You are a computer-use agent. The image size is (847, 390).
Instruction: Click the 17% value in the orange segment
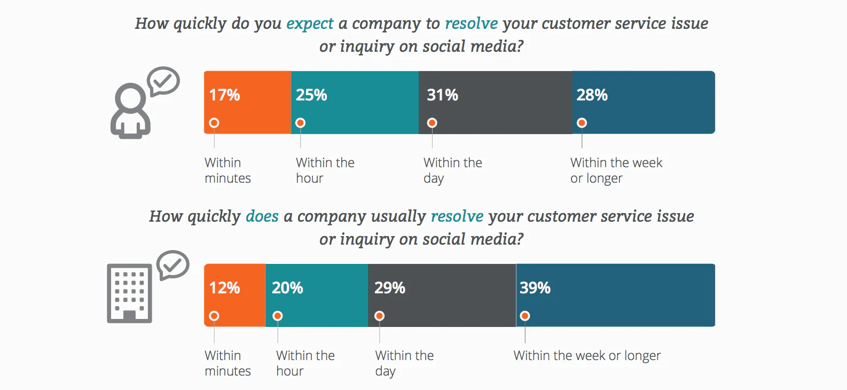(224, 95)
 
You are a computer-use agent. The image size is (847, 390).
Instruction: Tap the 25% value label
(311, 95)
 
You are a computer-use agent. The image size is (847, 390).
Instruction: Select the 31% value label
(442, 95)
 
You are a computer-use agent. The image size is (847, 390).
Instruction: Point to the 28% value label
(592, 95)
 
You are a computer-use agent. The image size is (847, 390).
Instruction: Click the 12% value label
(224, 288)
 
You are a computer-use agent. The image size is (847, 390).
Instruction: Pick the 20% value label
(287, 288)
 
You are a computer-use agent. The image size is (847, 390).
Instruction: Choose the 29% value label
(390, 288)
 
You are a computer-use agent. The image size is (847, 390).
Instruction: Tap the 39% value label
(535, 288)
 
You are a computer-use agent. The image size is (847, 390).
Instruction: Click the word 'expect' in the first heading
(310, 24)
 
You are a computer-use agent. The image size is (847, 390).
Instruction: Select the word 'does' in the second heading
(262, 216)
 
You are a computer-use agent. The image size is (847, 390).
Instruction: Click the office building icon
(129, 293)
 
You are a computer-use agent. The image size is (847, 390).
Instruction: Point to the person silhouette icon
(130, 111)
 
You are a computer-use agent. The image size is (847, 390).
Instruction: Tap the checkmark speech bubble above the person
(163, 81)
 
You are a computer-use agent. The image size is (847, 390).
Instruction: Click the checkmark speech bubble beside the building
(173, 264)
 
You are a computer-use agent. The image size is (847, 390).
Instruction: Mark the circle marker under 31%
(432, 123)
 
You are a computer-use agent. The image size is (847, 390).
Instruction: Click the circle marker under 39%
(525, 316)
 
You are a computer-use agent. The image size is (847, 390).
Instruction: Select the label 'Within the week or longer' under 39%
(587, 356)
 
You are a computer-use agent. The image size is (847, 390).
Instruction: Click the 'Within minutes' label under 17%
(228, 170)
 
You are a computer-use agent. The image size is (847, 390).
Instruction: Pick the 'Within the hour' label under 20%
(305, 363)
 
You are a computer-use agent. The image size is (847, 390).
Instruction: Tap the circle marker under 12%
(214, 316)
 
